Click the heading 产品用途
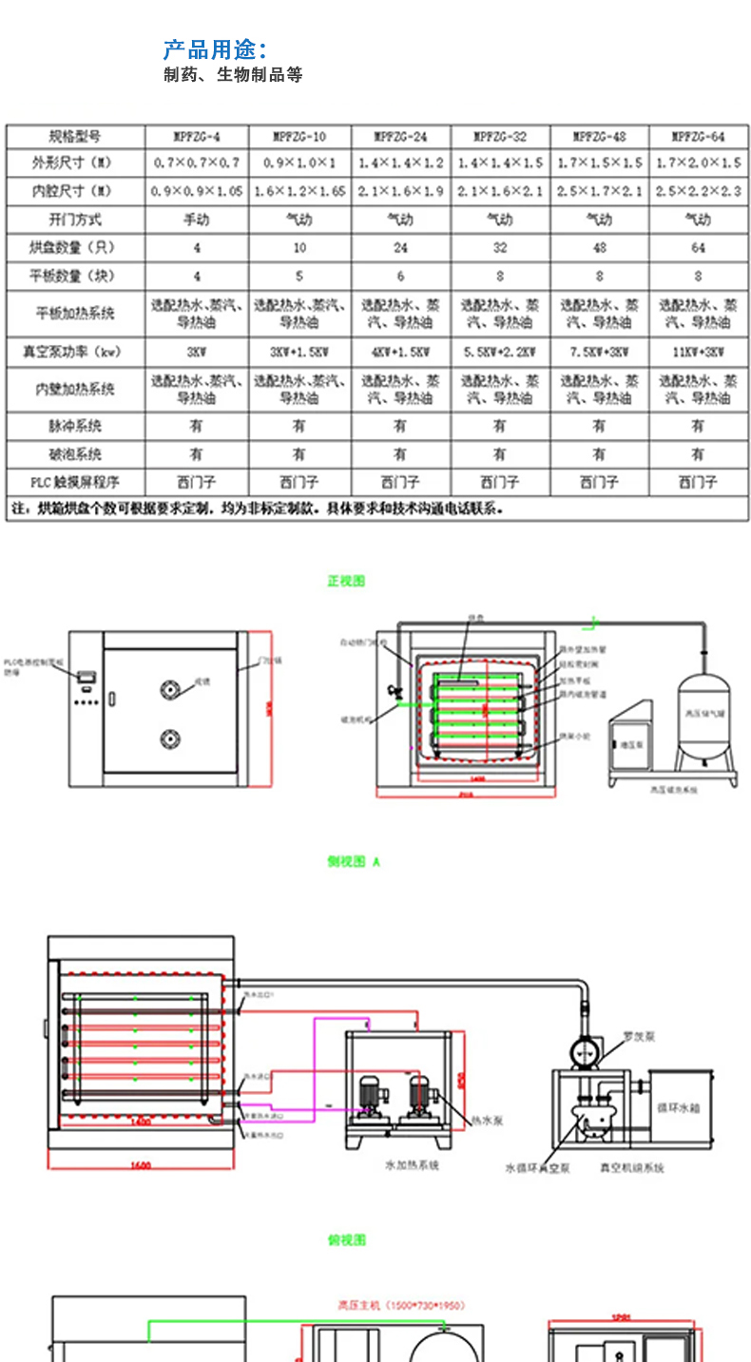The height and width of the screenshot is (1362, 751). coord(214,49)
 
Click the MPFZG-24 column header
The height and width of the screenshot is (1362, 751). coord(400,137)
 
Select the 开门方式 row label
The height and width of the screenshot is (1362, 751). coord(75,220)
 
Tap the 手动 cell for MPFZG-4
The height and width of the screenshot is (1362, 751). coord(196,220)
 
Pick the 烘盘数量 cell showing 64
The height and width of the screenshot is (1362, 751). coord(699,248)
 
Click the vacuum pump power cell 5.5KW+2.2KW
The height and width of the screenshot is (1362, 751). coord(499,352)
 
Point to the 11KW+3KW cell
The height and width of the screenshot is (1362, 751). coord(699,352)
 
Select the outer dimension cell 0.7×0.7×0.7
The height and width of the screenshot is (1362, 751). coord(196,163)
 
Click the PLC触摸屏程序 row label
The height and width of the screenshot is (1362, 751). coord(75,482)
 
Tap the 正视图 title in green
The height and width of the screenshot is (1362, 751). coord(347,581)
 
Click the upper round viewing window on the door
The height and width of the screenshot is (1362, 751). coord(171,688)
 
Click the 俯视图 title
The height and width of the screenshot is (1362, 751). coord(347,1239)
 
